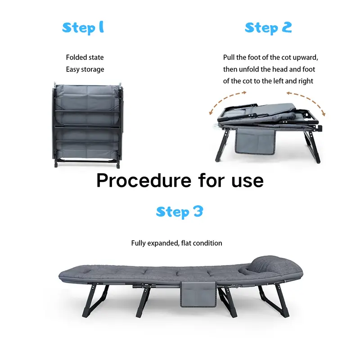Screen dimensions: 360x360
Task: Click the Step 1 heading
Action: [83, 28]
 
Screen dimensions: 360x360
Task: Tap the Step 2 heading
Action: [268, 28]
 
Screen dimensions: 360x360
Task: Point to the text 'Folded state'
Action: [85, 58]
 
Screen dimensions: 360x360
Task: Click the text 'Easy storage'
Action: [85, 69]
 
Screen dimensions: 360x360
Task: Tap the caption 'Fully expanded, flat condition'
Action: [176, 243]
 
